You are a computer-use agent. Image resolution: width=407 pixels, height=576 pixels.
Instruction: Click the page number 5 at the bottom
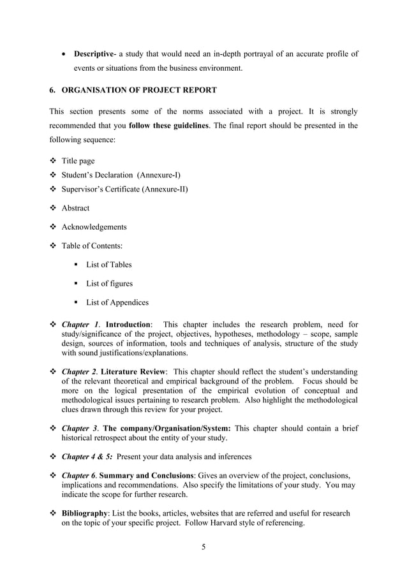click(203, 547)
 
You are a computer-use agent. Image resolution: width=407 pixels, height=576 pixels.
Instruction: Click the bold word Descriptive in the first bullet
click(94, 54)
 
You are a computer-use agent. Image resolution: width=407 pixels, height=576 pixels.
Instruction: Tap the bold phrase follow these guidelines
click(168, 125)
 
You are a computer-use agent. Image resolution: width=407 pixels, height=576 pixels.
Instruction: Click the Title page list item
click(78, 161)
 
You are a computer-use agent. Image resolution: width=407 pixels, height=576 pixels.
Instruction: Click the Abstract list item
click(75, 208)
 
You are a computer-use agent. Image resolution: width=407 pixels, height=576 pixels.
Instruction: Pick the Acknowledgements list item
click(94, 226)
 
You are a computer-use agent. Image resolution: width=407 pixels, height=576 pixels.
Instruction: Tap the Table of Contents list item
click(93, 246)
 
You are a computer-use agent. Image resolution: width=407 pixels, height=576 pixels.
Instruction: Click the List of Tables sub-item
click(109, 264)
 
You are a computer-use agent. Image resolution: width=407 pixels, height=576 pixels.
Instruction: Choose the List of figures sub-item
click(109, 283)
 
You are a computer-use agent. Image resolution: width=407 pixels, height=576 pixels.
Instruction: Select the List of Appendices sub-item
click(117, 302)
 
